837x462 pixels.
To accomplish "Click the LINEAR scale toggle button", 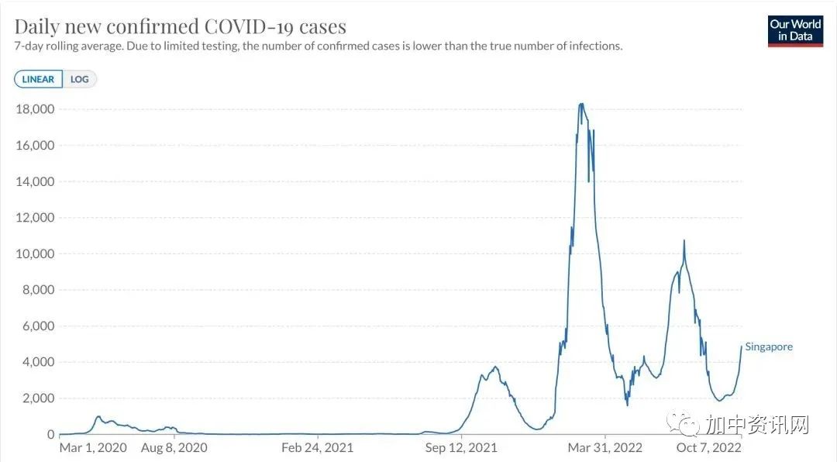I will [x=38, y=79].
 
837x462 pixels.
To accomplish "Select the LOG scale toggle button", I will [x=79, y=79].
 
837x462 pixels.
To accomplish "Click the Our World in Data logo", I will [x=795, y=30].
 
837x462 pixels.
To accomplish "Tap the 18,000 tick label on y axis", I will [x=35, y=109].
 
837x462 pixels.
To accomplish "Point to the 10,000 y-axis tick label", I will [x=35, y=254].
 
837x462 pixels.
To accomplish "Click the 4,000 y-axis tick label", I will [x=38, y=362].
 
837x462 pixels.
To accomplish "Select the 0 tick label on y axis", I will [x=50, y=435].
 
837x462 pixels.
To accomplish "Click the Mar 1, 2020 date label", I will [x=92, y=448].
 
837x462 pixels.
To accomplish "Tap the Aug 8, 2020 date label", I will [x=174, y=448].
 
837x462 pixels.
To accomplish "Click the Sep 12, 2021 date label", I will [x=461, y=448].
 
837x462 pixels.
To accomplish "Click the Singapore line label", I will [x=769, y=347].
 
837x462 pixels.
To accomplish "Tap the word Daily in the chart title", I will [x=37, y=26].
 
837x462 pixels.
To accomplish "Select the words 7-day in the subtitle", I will [x=29, y=47].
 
